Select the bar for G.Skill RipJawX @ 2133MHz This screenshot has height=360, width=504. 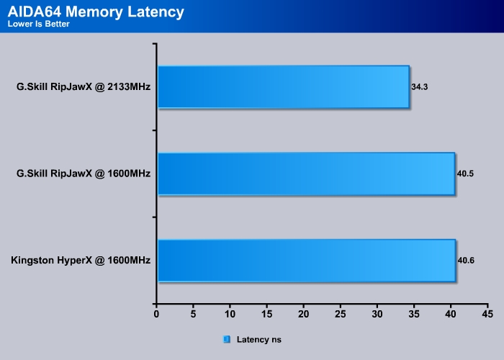[x=283, y=87]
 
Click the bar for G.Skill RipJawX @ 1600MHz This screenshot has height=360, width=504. [x=305, y=174]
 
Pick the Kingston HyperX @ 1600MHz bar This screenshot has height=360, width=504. [x=306, y=260]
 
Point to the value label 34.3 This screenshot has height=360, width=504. [x=420, y=87]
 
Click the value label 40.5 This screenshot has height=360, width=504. [x=465, y=174]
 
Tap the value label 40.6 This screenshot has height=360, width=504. [x=466, y=260]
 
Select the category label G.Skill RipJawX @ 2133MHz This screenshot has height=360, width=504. [x=84, y=87]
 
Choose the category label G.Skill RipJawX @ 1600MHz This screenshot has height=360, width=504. [x=84, y=174]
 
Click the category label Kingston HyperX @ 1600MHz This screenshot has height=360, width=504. [x=81, y=260]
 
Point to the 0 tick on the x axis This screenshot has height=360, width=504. [x=156, y=315]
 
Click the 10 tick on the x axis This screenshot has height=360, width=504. [x=230, y=315]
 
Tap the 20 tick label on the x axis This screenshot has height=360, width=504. [x=303, y=315]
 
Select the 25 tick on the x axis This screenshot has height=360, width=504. [x=340, y=315]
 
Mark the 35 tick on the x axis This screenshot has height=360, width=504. [x=413, y=315]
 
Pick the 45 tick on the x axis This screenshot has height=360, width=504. [x=487, y=315]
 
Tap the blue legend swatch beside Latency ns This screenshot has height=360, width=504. [x=227, y=338]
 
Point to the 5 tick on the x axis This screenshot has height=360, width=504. [x=193, y=315]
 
